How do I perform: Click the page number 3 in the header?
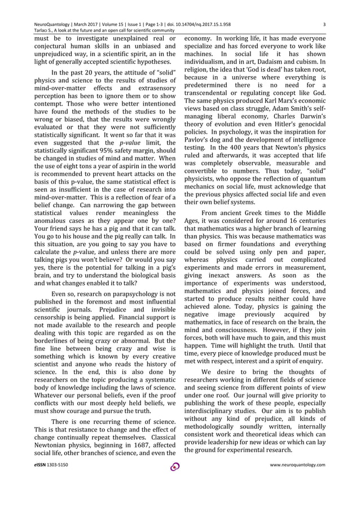[324, 24]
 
